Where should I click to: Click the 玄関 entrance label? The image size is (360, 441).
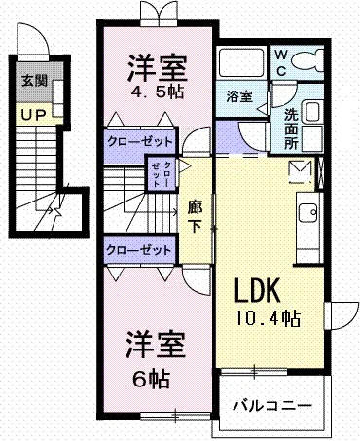coord(34,81)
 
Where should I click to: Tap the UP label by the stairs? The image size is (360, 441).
coord(33,115)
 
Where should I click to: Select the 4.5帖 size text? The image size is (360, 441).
coord(158,92)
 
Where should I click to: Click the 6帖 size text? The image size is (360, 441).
coord(151,379)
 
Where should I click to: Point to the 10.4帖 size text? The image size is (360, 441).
coord(268,318)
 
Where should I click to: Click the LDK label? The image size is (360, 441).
coord(257,290)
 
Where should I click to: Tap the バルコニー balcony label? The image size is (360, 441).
coord(272,406)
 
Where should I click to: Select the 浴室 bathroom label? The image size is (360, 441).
coord(239,96)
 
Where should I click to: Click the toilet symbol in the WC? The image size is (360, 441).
coord(307,60)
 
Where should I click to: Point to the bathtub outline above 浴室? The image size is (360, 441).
coord(240,62)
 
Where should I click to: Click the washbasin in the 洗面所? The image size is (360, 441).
coord(312,111)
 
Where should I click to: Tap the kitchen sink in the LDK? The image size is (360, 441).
coord(307,212)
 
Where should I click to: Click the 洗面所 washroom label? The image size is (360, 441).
coord(291,129)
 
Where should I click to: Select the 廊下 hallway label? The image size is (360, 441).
coord(196,217)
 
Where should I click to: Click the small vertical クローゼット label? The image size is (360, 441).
coord(162,173)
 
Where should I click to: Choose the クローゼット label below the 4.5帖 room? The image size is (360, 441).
coord(140,142)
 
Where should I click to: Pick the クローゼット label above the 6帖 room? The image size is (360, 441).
coord(138,250)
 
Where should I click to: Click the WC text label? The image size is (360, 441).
coord(281,62)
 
